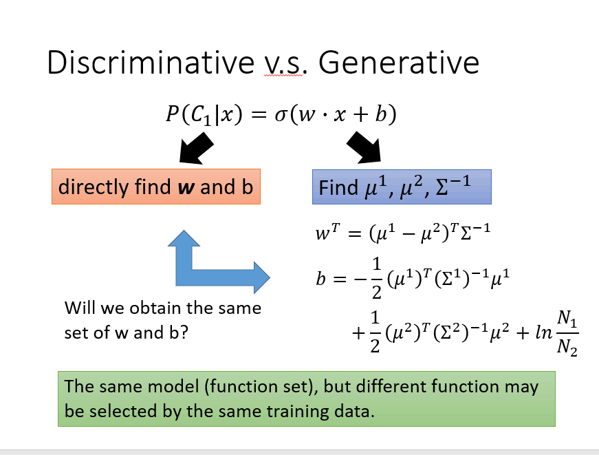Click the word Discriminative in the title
click(151, 63)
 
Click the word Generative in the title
click(398, 63)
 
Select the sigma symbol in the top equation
click(280, 115)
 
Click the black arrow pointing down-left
click(195, 149)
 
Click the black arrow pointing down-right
click(364, 147)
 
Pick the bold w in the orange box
click(186, 188)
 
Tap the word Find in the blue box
click(338, 188)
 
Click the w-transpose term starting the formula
click(327, 231)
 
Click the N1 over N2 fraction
click(567, 333)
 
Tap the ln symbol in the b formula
click(543, 332)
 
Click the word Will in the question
click(80, 308)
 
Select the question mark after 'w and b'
click(184, 332)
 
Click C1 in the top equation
click(201, 116)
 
